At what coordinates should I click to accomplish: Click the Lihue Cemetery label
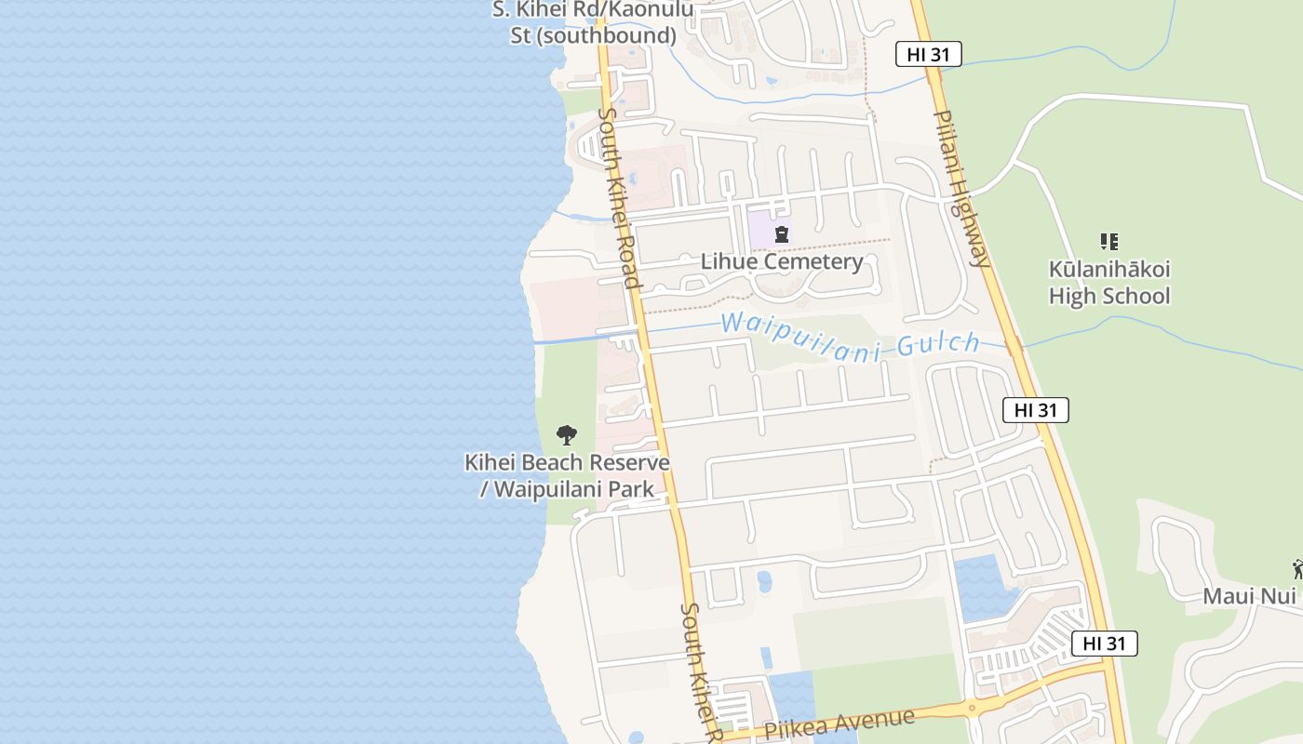click(x=782, y=261)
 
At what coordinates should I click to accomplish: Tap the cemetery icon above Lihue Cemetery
click(x=782, y=234)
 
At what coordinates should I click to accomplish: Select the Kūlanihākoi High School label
click(x=1109, y=283)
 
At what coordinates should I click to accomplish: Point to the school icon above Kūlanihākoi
click(x=1108, y=242)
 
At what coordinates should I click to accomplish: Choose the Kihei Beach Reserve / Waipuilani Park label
click(x=567, y=475)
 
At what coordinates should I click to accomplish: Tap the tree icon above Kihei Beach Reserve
click(x=566, y=434)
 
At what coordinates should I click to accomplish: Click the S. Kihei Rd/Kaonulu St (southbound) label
click(x=593, y=23)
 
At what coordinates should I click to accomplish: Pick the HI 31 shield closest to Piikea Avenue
click(x=1104, y=643)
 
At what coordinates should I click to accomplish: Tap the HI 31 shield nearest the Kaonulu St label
click(x=928, y=54)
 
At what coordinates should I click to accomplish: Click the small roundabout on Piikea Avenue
click(x=972, y=709)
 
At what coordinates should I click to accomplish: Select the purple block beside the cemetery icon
click(x=760, y=230)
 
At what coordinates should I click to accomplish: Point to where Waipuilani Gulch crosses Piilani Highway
click(x=1014, y=346)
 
